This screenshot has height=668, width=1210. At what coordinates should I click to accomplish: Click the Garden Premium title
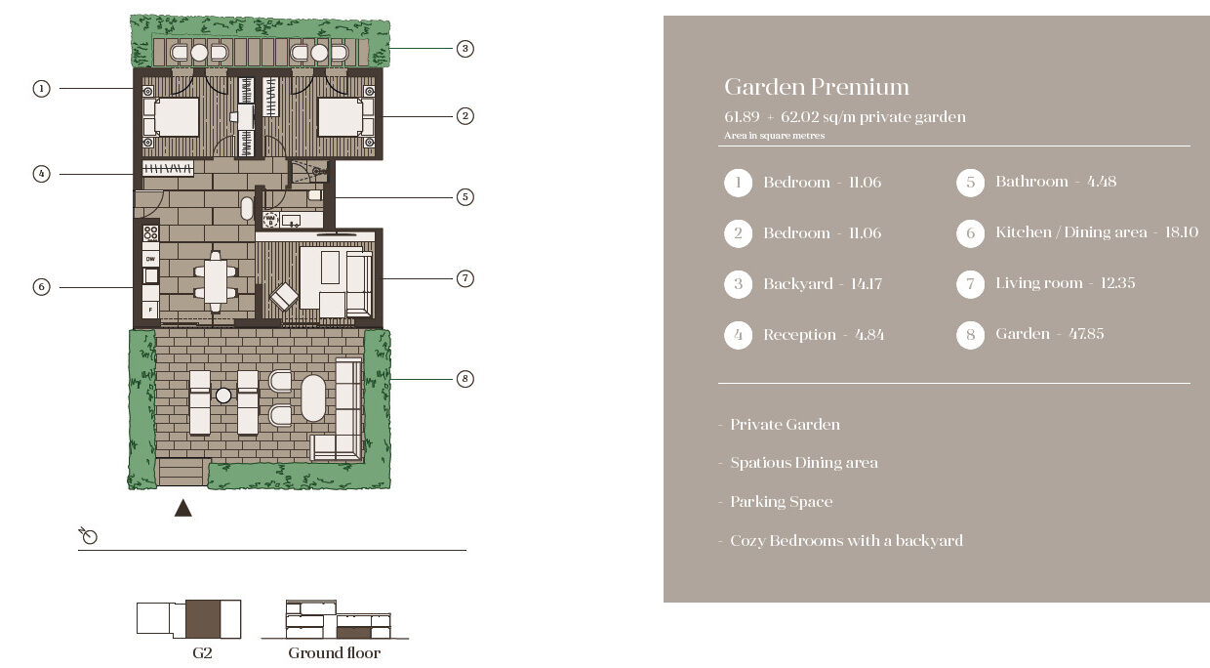816,87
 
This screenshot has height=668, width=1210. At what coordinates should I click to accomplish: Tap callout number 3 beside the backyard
465,49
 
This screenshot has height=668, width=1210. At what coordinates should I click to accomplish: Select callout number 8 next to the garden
465,379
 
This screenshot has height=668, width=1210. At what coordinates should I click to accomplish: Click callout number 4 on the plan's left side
42,174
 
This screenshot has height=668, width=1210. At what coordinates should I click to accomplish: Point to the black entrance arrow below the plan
183,508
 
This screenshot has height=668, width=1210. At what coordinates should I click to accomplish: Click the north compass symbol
88,535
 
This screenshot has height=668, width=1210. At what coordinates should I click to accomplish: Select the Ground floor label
335,653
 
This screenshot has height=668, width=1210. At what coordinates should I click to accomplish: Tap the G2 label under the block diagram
202,653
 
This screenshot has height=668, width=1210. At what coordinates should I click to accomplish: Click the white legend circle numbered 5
970,182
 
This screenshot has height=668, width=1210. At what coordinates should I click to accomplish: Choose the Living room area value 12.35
1117,283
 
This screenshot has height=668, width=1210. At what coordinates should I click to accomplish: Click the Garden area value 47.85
1086,334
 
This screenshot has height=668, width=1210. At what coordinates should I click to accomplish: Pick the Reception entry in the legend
824,335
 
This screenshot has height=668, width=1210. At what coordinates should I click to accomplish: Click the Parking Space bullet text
781,502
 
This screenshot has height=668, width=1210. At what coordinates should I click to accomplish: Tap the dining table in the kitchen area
216,281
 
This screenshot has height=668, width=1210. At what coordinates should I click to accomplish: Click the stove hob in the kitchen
150,233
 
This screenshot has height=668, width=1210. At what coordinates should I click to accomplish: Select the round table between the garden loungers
223,396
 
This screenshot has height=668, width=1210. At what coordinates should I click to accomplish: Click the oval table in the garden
313,398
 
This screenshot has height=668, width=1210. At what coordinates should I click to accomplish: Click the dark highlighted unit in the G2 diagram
203,619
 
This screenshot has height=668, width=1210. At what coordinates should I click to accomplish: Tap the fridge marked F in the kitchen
150,310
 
